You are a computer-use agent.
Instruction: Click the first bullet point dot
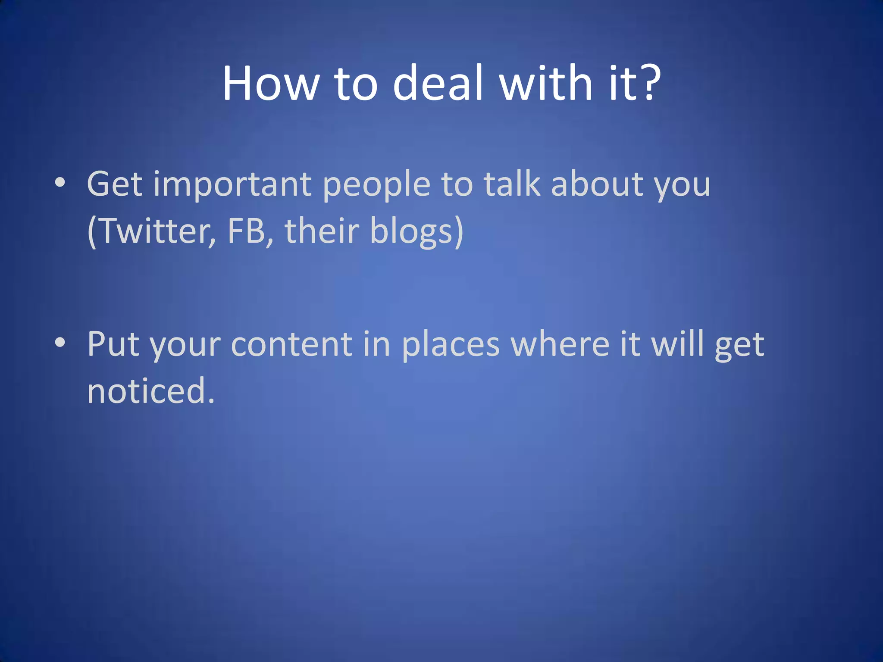(60, 182)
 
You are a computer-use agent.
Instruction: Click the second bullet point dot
(60, 343)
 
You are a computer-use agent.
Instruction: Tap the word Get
(115, 184)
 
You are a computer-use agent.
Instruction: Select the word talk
(512, 184)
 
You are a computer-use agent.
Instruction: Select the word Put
(113, 344)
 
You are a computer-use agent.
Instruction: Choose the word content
(292, 344)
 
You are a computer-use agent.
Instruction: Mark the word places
(451, 345)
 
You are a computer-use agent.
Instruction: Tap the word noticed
(150, 390)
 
